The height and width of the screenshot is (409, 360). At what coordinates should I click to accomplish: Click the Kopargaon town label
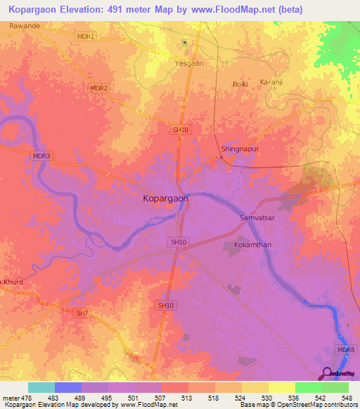[166, 199]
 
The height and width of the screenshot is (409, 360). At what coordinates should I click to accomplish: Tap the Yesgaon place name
[189, 63]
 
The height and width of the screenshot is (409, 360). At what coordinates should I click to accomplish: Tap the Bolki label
[240, 84]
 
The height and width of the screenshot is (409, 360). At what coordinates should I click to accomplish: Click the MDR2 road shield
[99, 89]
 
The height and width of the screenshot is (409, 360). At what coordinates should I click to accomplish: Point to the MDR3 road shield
[41, 156]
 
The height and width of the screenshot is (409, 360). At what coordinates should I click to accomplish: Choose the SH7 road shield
[82, 312]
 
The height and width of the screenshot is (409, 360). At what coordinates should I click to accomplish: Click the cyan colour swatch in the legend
[41, 387]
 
